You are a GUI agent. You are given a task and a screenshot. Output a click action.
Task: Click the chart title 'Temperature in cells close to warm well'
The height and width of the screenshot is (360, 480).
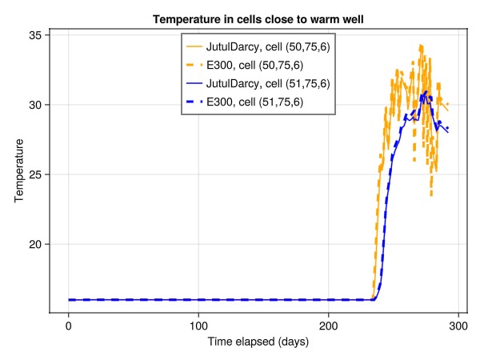[x=258, y=19]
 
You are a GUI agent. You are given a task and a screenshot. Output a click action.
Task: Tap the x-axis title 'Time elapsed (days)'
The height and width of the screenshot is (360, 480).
[x=258, y=342]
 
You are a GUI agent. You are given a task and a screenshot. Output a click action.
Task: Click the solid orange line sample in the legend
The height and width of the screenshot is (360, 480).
[x=194, y=47]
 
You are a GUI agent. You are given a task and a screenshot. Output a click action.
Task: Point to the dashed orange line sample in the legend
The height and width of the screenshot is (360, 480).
[x=194, y=66]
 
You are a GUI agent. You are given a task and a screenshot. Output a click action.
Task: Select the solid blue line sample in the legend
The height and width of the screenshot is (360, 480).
[x=194, y=84]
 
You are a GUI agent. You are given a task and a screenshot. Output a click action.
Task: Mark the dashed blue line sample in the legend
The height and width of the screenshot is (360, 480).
[x=194, y=102]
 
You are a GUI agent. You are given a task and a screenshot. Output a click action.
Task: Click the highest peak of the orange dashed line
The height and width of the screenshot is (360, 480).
[x=421, y=46]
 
